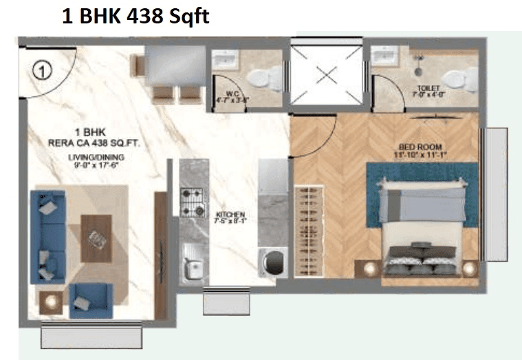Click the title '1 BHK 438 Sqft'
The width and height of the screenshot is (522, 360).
click(x=135, y=16)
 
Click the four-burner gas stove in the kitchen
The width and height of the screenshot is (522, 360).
click(x=193, y=202)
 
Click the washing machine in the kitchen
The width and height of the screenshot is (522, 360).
click(x=273, y=262)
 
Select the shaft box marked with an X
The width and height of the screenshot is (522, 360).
click(x=325, y=74)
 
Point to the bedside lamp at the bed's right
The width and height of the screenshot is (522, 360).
click(x=470, y=268)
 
